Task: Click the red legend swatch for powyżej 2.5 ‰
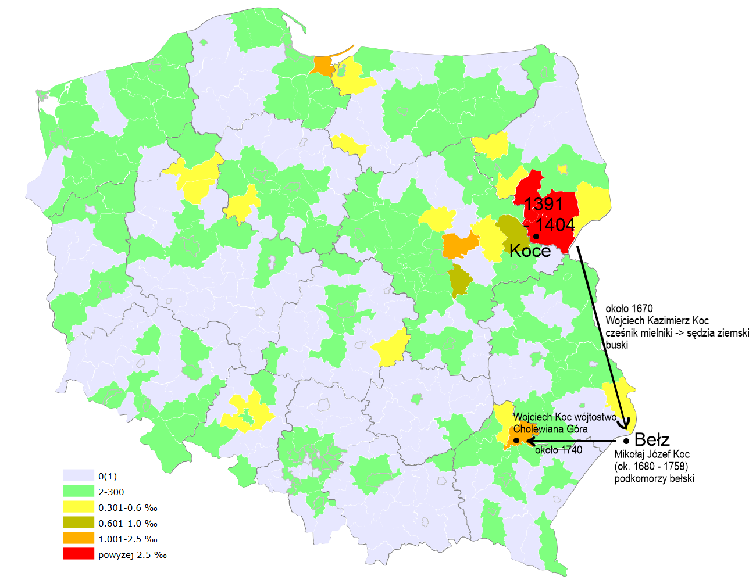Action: coord(78,554)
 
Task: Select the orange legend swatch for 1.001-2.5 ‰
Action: coord(78,539)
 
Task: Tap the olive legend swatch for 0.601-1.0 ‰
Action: coord(78,523)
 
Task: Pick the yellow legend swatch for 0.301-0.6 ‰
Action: coord(78,507)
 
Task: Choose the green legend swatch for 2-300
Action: coord(78,492)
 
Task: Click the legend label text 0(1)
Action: coord(108,477)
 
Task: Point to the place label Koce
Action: coord(530,250)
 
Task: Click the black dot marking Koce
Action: coord(536,237)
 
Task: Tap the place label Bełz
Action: coord(652,439)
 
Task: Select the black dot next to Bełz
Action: coord(626,441)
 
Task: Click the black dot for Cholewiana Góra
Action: coord(516,441)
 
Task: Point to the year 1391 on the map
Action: coord(544,204)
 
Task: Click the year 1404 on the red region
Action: coord(555,225)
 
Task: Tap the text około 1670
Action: coord(629,309)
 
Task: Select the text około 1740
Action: coord(558,450)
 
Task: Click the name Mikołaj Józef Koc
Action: coord(652,454)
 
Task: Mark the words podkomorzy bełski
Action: coord(654,479)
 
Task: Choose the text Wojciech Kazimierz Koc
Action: coord(657,321)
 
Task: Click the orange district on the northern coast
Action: coord(322,66)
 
